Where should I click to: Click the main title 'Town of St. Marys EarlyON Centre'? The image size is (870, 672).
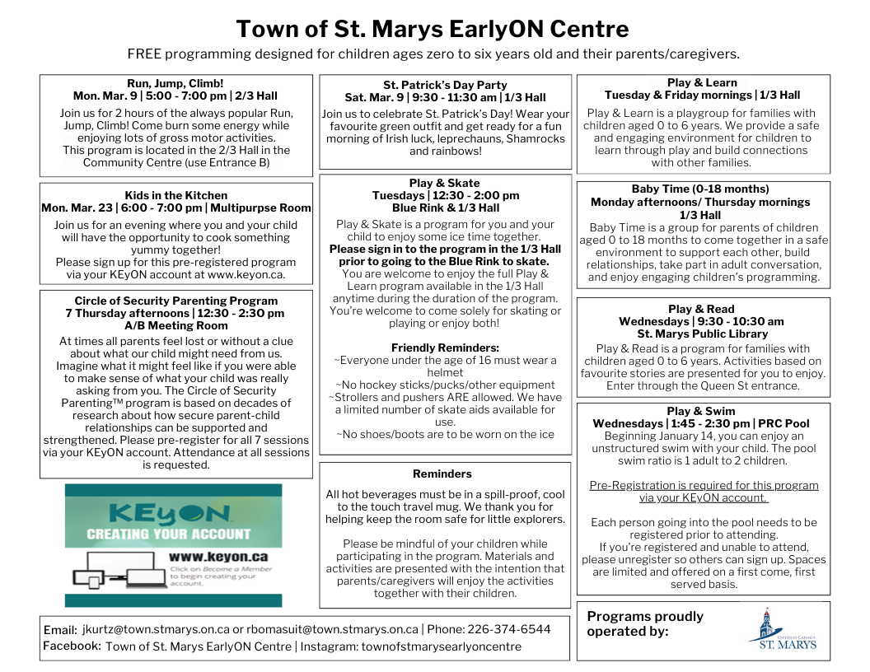point(433,30)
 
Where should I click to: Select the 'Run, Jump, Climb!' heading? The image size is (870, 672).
point(175,83)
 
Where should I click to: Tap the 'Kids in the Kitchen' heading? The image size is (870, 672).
point(176,195)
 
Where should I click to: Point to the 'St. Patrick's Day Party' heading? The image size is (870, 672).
point(445,85)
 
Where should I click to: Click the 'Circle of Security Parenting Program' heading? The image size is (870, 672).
point(176,301)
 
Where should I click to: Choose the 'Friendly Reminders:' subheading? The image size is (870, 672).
point(445,348)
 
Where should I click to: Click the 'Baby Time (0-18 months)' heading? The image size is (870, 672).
point(700,189)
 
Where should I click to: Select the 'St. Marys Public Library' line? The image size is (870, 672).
point(702,334)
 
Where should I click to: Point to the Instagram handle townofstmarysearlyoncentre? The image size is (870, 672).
point(442,646)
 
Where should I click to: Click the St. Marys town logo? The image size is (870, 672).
point(782,630)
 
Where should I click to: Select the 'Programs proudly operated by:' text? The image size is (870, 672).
point(645,623)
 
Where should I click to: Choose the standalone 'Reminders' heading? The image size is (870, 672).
point(442,474)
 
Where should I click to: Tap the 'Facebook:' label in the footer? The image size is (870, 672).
point(72,646)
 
